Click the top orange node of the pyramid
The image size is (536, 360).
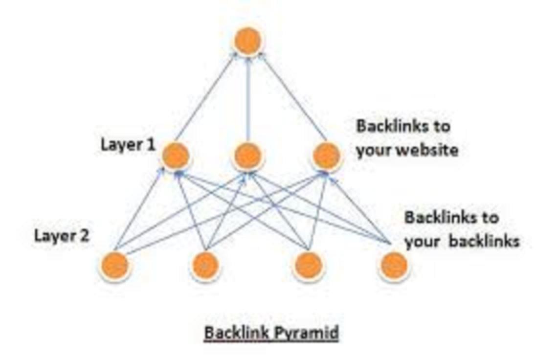click(x=248, y=41)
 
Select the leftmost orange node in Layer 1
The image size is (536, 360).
click(x=175, y=156)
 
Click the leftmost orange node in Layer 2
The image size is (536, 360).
click(x=115, y=266)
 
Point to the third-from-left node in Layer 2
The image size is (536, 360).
click(x=309, y=266)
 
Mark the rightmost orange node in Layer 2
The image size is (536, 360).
click(x=394, y=266)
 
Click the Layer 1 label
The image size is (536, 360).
click(x=128, y=144)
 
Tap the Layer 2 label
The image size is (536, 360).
click(x=62, y=236)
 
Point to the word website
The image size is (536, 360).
click(x=427, y=150)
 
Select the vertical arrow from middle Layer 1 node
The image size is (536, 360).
click(x=248, y=98)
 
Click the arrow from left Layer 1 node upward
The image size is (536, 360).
click(x=205, y=98)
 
